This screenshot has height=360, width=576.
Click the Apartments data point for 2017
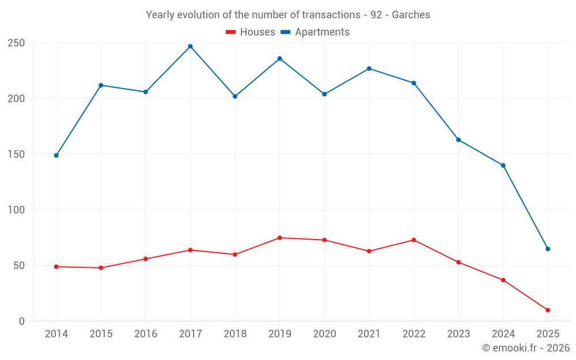point(190,46)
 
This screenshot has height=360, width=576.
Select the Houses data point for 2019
point(280,238)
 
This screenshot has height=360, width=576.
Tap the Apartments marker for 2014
point(56,156)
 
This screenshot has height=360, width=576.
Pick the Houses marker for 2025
point(548,310)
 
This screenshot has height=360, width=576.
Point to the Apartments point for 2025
point(548,249)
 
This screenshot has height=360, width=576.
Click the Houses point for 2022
point(414,240)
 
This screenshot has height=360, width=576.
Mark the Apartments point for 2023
point(458,140)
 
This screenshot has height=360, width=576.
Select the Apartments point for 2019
point(280,59)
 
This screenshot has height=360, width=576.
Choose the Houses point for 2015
point(101,268)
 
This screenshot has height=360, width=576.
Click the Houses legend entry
point(251,32)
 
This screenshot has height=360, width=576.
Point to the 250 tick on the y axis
point(16,43)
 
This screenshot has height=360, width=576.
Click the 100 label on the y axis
point(16,210)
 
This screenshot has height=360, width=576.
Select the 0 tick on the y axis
point(21,321)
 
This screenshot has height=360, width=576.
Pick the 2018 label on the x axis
point(235,334)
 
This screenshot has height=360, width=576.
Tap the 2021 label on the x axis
point(369,334)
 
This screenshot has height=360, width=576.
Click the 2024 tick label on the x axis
point(503,334)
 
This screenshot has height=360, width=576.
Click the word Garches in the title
point(411,15)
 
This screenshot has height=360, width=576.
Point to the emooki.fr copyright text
point(526,348)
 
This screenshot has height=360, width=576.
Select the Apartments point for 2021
point(369,69)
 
